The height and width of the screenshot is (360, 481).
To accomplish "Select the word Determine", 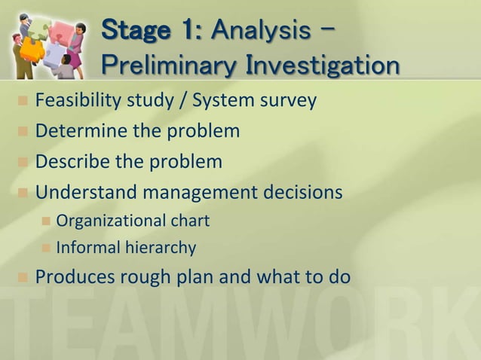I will point(81,131).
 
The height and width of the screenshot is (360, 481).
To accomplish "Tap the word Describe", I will point(72,162).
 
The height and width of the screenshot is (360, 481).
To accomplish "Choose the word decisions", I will point(303,193).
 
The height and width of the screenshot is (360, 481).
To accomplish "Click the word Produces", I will point(74,276).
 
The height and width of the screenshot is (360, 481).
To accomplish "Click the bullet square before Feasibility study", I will point(22,101).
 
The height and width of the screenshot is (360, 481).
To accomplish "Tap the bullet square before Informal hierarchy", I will point(44,248).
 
